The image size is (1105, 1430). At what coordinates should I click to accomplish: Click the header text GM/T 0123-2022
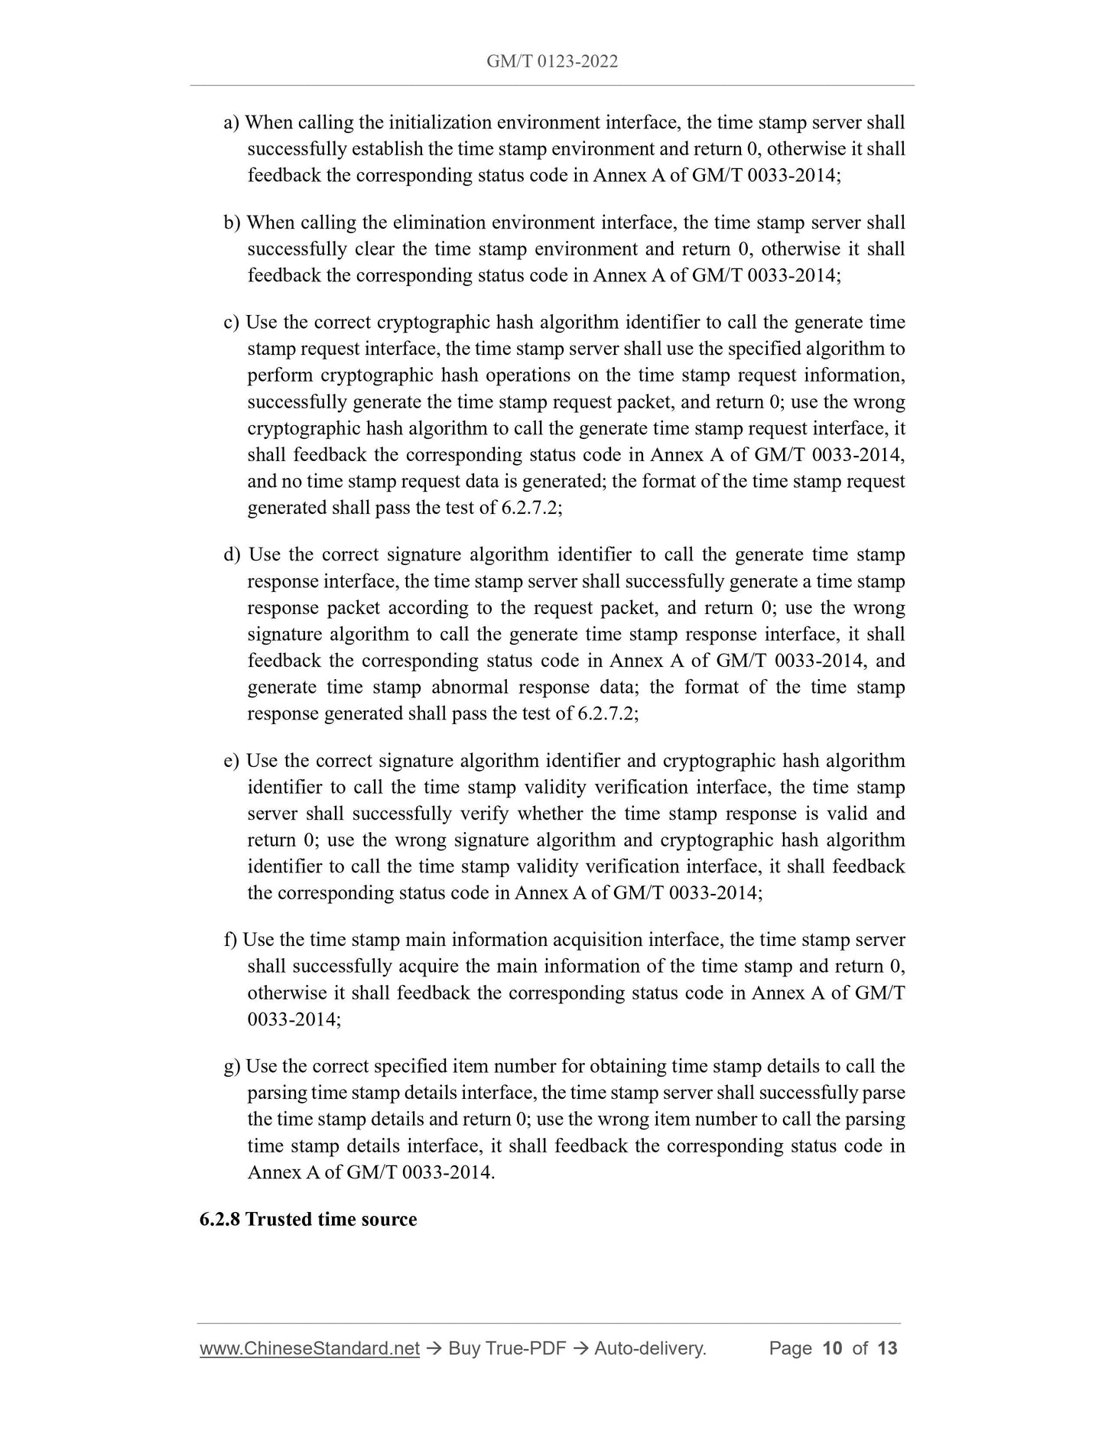click(552, 61)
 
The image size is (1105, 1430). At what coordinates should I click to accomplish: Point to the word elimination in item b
click(439, 223)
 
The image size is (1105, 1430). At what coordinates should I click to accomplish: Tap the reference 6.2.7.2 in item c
click(531, 508)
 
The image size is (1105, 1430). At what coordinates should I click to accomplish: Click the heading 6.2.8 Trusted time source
click(308, 1219)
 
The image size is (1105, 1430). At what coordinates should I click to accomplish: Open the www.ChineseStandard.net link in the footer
click(309, 1348)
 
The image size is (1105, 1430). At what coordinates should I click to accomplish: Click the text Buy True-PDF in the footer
click(507, 1348)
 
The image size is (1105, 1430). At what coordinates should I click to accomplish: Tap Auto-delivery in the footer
click(649, 1348)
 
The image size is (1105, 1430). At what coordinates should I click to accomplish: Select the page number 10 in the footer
click(831, 1348)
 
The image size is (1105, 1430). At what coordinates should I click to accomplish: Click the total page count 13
click(887, 1348)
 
